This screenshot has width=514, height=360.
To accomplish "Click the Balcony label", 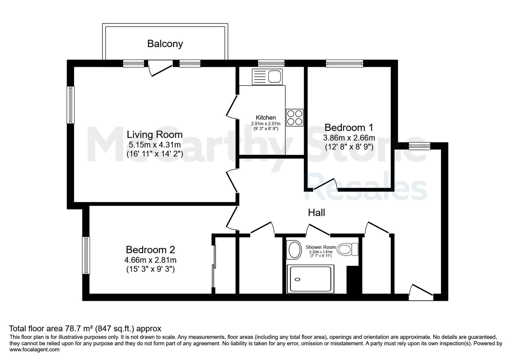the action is tap(165, 44).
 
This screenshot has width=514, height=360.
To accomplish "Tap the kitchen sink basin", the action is tap(274, 77).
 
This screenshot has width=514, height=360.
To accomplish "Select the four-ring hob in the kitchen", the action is tap(295, 117).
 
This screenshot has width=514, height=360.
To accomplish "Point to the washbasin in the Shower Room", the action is tap(295, 250).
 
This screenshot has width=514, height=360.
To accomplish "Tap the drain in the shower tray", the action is tap(297, 279).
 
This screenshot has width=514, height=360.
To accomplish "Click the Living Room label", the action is tap(155, 135).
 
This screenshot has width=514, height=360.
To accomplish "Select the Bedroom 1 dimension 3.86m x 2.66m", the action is tap(349, 138).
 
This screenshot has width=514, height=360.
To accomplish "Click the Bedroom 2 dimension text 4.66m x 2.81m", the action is tap(150, 260).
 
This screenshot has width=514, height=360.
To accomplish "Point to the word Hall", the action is tap(316, 213).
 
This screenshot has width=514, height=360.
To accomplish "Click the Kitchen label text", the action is tap(266, 117).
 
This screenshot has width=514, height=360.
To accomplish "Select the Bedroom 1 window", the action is tap(345, 63).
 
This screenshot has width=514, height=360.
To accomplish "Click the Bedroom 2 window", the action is tap(86, 255).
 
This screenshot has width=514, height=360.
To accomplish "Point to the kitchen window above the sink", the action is tap(271, 63).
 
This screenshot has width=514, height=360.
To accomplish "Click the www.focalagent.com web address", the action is tap(34, 349).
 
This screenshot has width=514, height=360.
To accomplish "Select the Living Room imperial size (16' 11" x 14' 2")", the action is tap(155, 153).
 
